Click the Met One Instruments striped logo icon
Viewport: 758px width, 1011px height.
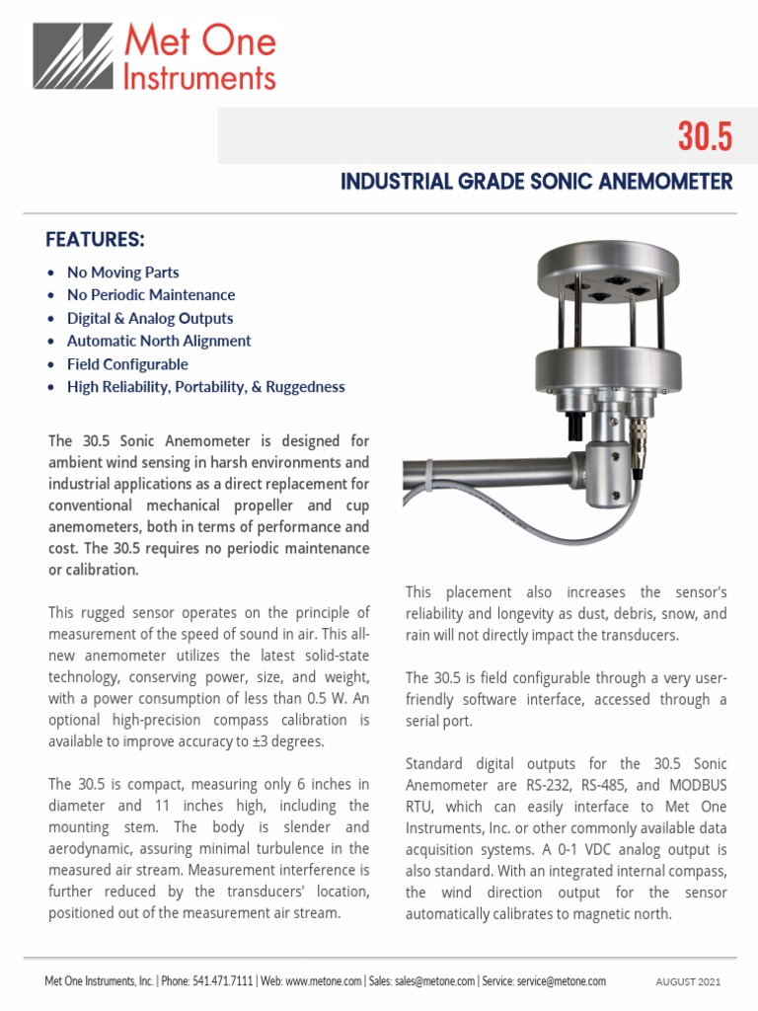73,56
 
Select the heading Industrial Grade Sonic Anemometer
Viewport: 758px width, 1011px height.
536,182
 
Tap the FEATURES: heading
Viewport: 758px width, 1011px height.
96,240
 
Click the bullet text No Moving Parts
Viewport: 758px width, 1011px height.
122,272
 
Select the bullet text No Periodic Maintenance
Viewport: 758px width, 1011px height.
151,295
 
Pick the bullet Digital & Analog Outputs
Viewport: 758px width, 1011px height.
150,318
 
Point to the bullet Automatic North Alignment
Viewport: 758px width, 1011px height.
159,341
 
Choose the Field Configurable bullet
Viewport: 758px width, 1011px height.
127,364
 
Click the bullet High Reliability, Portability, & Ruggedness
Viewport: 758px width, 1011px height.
205,387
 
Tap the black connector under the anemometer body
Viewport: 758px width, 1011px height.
571,426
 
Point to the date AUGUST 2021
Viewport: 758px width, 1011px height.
688,982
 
